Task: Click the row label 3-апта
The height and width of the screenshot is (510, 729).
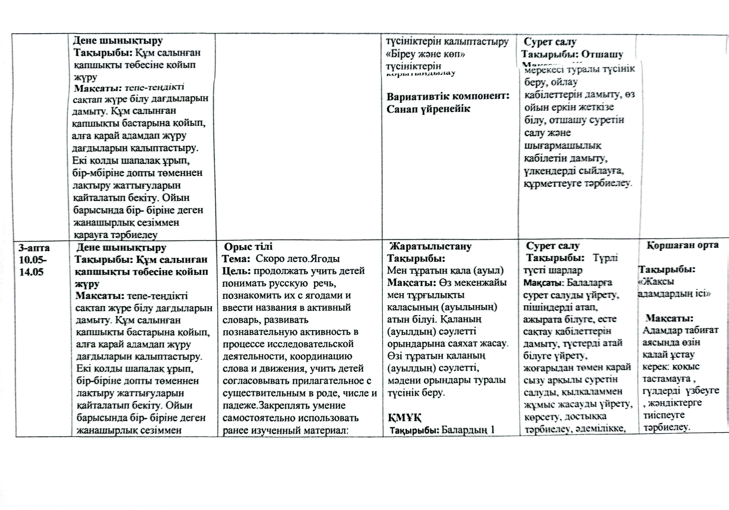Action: (34, 247)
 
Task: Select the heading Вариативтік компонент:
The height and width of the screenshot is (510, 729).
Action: (448, 96)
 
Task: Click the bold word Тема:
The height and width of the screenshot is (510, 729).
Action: (234, 259)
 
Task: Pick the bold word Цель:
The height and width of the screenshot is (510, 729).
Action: (237, 271)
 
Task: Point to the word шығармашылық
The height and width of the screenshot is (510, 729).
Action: (562, 146)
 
